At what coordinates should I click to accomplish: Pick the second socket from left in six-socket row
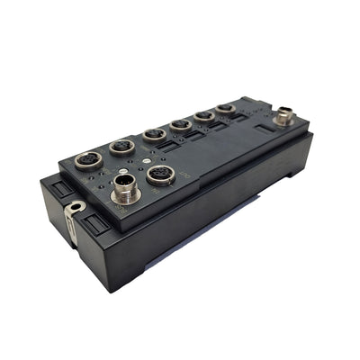(x=121, y=148)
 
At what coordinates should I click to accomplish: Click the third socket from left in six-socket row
(x=154, y=136)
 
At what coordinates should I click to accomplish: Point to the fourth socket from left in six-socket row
(x=181, y=125)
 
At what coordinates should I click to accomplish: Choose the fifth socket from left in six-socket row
(x=204, y=116)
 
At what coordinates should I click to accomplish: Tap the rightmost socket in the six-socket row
(x=226, y=109)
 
